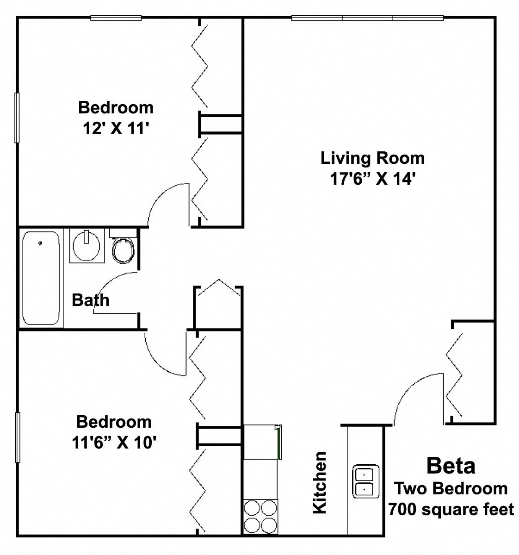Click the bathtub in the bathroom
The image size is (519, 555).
tap(42, 278)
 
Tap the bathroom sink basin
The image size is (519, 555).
tap(85, 245)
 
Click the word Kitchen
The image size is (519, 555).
tap(320, 482)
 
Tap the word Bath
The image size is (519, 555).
tap(91, 300)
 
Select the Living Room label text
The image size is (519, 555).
tap(372, 158)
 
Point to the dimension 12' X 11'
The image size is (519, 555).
tap(115, 128)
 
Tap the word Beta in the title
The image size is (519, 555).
tap(451, 465)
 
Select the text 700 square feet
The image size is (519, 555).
tap(451, 510)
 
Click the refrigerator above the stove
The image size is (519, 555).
tap(261, 442)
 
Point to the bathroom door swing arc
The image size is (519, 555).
tap(116, 289)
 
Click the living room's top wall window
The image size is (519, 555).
tap(368, 19)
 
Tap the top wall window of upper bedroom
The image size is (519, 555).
tap(116, 19)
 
